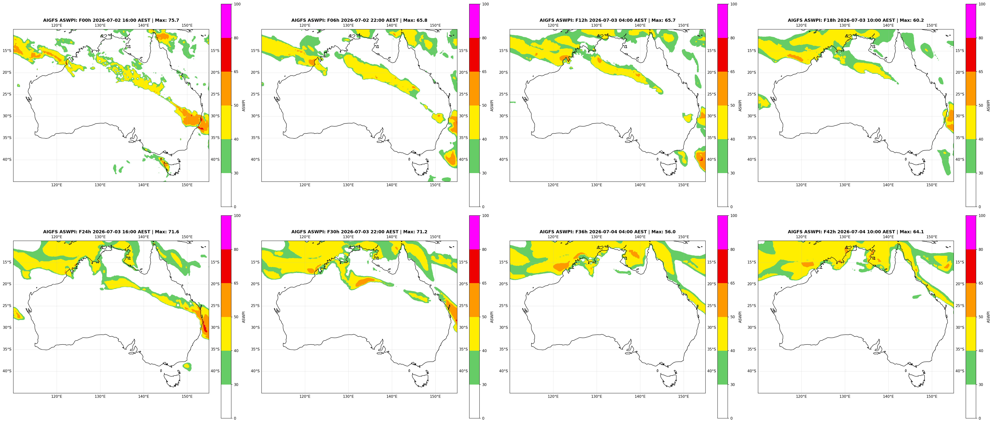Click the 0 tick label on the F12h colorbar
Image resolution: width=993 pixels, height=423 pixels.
pyautogui.click(x=731, y=207)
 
